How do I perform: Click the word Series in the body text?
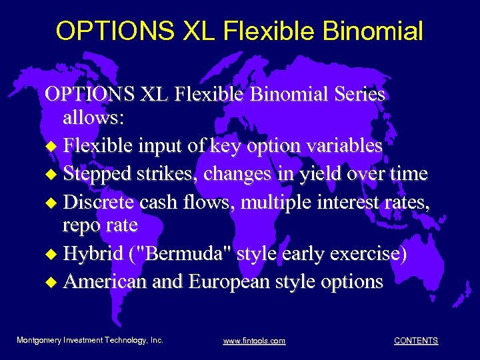point(355,94)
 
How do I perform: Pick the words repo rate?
point(100,225)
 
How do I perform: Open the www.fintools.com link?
point(254,341)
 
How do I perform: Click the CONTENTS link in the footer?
point(416,341)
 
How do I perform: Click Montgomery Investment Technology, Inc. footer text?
point(90,340)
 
